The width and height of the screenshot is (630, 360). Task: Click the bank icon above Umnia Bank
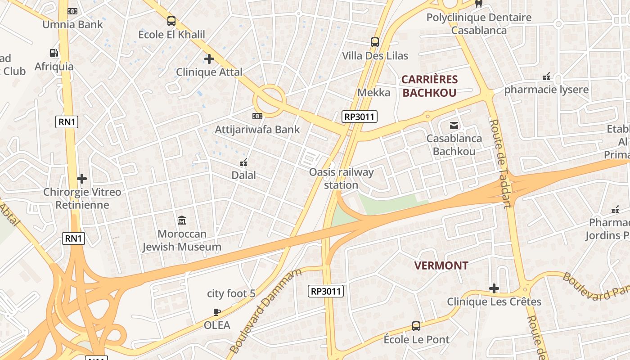[x=72, y=11]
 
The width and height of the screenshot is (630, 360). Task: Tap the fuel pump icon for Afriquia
[x=54, y=53]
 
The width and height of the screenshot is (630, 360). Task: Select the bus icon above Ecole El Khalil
[x=171, y=21]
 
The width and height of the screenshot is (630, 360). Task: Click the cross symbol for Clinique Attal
[x=209, y=59]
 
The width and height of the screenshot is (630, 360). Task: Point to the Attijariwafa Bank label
[x=257, y=130]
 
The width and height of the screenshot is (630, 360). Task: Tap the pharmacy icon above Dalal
[x=243, y=162]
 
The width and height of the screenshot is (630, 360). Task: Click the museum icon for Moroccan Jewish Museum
[x=182, y=220]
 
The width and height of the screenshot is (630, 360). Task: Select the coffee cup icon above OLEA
[x=217, y=312]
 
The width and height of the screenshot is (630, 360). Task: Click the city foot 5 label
[x=231, y=294]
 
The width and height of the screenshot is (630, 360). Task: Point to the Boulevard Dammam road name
[x=265, y=310]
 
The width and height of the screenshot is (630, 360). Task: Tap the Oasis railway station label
[x=341, y=178]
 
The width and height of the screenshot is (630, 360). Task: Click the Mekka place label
[x=373, y=93]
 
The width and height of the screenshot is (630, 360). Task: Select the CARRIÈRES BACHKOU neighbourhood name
[x=429, y=86]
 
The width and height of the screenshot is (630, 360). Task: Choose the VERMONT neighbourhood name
[x=441, y=265]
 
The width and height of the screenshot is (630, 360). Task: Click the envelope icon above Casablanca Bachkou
[x=454, y=126]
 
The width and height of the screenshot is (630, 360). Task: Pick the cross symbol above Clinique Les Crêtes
[x=494, y=288]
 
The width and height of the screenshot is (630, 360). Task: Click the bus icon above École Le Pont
[x=416, y=326]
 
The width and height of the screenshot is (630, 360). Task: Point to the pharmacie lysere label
[x=546, y=90]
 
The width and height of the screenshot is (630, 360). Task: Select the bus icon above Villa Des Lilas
[x=375, y=42]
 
